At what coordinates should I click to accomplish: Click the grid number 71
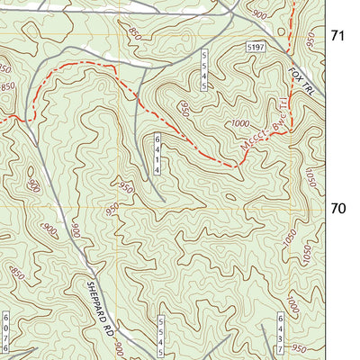tap(338, 37)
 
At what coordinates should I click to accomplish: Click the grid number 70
tap(338, 208)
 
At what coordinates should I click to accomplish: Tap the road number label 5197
tap(257, 45)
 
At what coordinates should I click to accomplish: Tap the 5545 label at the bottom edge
tap(160, 334)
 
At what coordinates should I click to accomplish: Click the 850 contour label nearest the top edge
tap(135, 33)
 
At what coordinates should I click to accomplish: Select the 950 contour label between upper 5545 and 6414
tap(184, 109)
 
